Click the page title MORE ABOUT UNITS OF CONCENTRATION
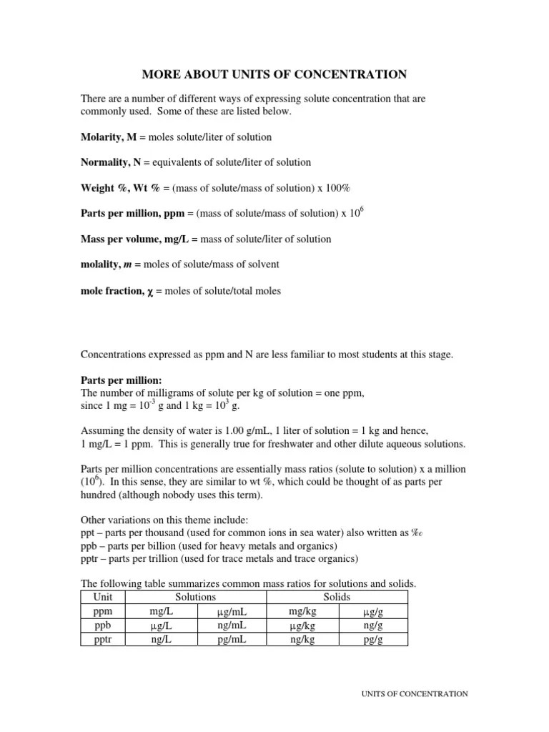tap(274, 74)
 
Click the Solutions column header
tap(195, 597)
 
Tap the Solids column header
tap(337, 597)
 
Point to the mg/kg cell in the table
tap(302, 612)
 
